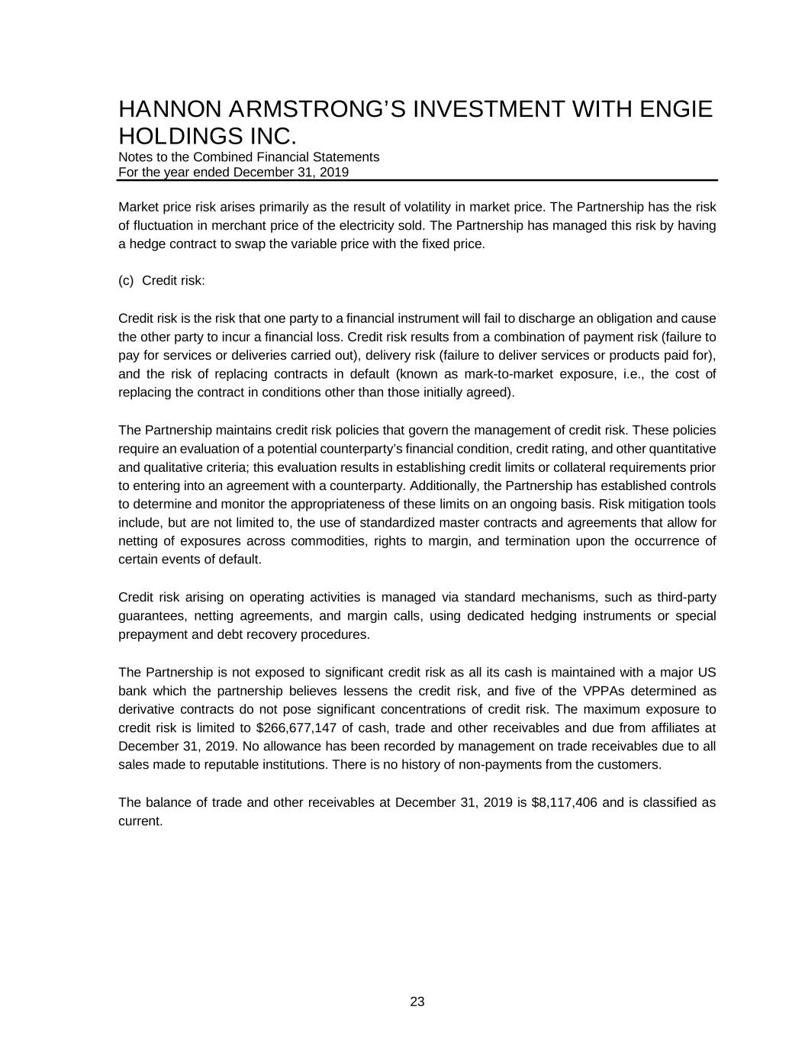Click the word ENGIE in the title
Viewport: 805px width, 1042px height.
coord(675,110)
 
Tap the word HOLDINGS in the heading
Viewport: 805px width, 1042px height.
coord(169,137)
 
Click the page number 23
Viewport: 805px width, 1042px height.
coord(417,1002)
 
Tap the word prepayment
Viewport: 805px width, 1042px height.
coord(151,634)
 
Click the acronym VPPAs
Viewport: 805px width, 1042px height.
coord(602,691)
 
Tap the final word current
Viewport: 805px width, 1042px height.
coord(140,821)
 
